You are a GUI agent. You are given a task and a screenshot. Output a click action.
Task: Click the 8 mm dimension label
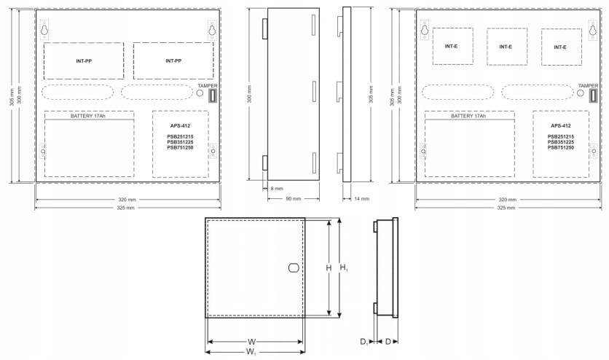click(x=277, y=188)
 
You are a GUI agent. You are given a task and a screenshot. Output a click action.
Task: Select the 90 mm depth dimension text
click(x=294, y=199)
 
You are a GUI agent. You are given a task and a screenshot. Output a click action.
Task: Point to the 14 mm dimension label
click(x=362, y=199)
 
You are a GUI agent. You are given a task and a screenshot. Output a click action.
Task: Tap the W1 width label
click(x=251, y=352)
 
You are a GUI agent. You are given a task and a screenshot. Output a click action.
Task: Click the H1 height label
click(x=344, y=267)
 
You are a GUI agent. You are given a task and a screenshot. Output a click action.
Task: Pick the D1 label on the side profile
click(x=364, y=342)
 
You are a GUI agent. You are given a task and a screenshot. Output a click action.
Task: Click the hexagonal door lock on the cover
click(x=294, y=268)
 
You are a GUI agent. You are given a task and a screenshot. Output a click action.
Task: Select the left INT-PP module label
click(x=84, y=61)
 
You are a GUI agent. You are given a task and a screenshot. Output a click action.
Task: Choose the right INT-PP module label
click(x=173, y=61)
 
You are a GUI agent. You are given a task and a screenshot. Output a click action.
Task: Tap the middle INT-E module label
click(x=506, y=47)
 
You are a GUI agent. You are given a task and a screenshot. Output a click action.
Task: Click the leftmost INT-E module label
click(x=451, y=46)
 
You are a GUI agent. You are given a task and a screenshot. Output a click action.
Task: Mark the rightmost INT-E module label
click(x=559, y=47)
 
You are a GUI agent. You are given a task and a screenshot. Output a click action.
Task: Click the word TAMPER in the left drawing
click(x=208, y=86)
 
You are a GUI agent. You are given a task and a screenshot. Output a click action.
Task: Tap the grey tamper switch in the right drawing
click(x=593, y=95)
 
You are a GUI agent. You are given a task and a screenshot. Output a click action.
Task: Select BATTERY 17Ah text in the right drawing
click(x=468, y=116)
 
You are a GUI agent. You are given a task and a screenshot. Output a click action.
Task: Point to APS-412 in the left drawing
click(x=180, y=125)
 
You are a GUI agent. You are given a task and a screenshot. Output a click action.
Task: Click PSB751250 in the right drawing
click(x=560, y=148)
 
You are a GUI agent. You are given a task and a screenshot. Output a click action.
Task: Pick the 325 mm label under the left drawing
click(x=126, y=208)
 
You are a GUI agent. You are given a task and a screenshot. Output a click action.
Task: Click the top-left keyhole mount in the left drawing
click(x=44, y=30)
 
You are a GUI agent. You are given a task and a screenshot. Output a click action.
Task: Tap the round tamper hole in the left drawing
click(x=200, y=93)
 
